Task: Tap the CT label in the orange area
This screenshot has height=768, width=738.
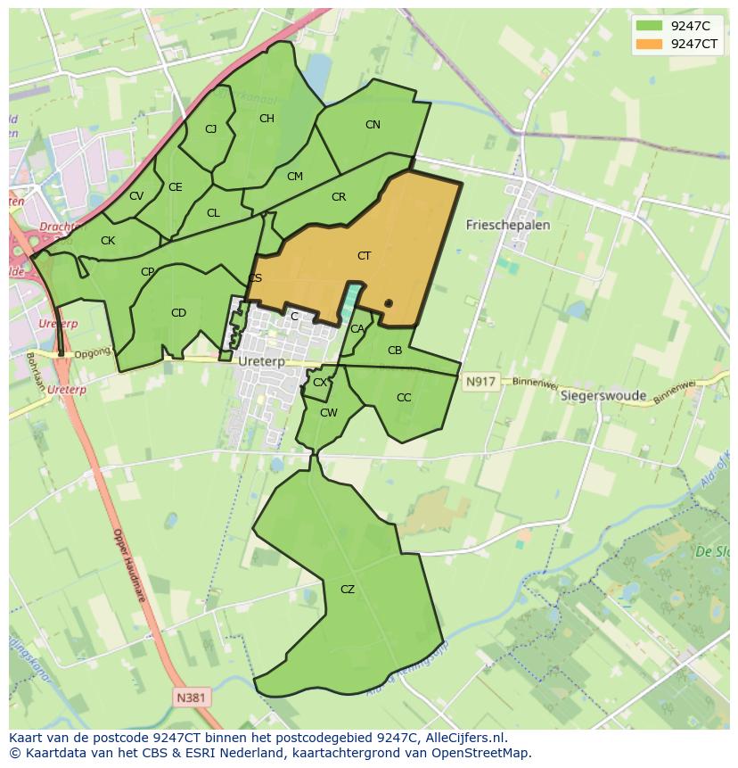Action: point(364,256)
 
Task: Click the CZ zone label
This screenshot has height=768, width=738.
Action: point(348,590)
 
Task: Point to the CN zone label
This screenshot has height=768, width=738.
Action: point(373,125)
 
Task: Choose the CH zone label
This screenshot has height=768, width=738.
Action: point(266,119)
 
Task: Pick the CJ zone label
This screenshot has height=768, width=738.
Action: point(211,129)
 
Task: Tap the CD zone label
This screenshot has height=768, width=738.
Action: point(178,313)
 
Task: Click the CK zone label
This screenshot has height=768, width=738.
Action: point(108,241)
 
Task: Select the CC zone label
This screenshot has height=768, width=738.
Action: point(404,398)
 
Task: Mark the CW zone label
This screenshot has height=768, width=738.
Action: point(329,413)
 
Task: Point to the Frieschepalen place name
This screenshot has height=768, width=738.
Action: point(508,226)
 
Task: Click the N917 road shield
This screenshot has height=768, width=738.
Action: point(480,382)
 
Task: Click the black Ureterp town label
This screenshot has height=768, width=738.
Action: point(261,362)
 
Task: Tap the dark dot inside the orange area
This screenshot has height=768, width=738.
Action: point(389,304)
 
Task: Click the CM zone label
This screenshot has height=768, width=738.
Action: point(295,177)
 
